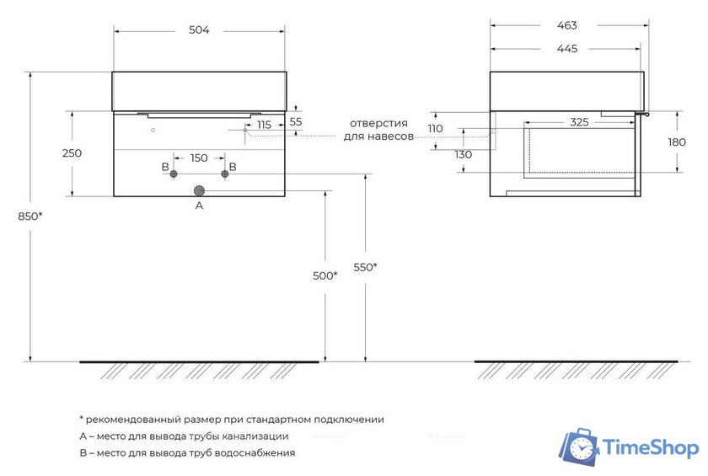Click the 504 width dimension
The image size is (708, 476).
click(x=199, y=30)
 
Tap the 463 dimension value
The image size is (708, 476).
click(x=567, y=26)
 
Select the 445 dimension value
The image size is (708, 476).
click(x=567, y=49)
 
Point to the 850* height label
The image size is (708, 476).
click(x=29, y=217)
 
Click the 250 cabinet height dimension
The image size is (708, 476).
click(x=72, y=153)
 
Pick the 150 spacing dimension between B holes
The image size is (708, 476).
click(x=199, y=158)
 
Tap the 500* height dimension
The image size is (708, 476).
click(x=325, y=275)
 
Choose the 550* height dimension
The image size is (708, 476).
click(x=365, y=268)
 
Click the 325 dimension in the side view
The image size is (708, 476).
click(x=579, y=122)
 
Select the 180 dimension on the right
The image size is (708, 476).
click(x=677, y=142)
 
